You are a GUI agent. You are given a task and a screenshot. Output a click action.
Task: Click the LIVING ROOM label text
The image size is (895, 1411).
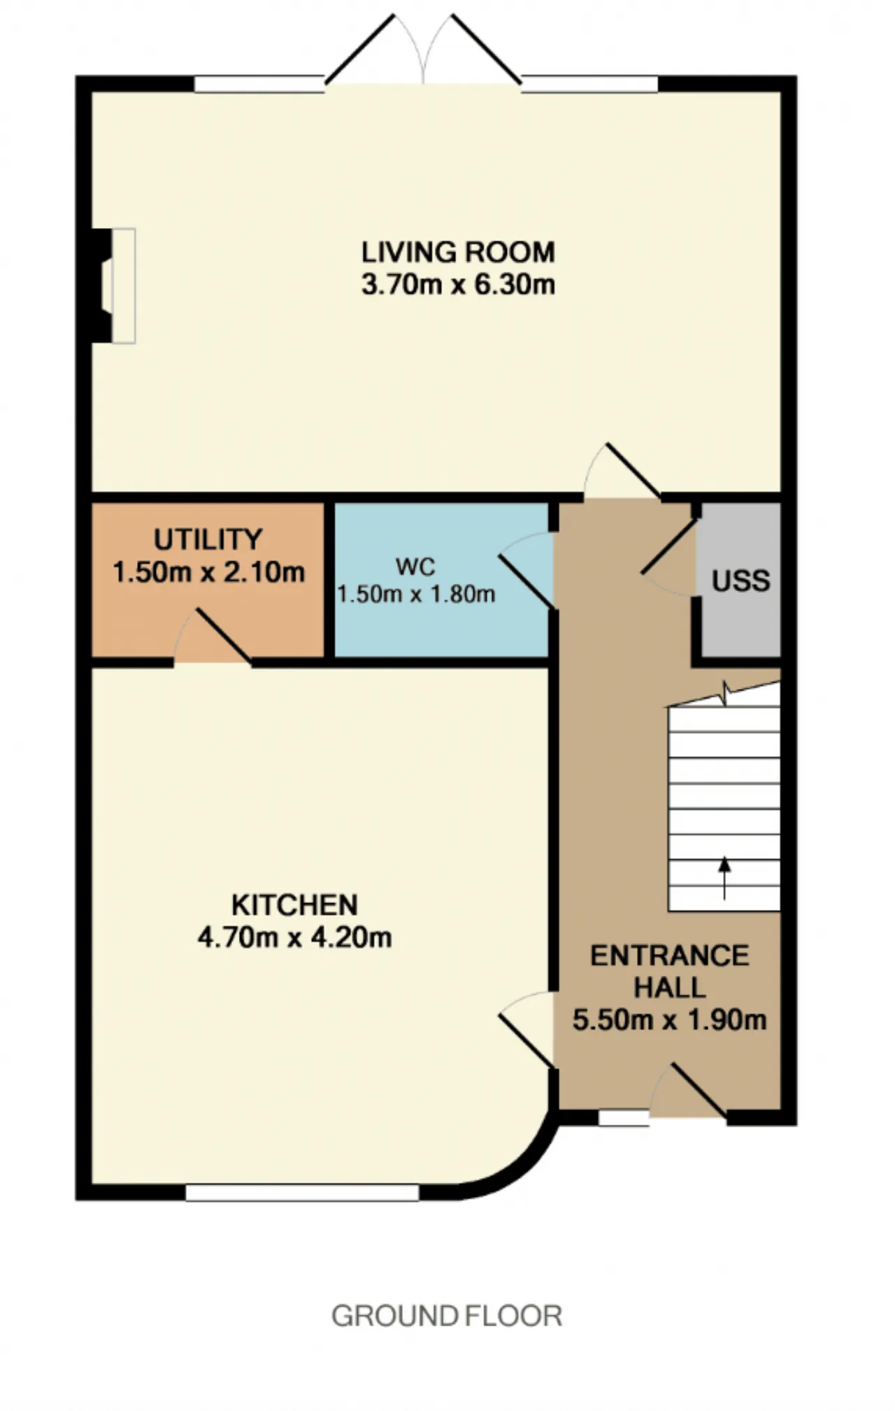click(x=458, y=252)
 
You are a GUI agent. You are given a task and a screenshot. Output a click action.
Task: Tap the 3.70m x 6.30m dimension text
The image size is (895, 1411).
click(x=458, y=285)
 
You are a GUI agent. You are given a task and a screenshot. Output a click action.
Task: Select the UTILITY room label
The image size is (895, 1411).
click(x=208, y=539)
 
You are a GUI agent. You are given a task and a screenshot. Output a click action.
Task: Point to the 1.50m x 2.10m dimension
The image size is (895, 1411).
click(x=208, y=572)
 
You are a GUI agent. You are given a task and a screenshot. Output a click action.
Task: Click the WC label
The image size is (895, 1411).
click(x=415, y=566)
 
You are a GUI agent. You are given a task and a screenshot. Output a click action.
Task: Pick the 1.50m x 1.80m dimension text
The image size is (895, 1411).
click(x=416, y=594)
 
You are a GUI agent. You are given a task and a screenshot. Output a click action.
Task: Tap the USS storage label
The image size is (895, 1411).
click(x=740, y=581)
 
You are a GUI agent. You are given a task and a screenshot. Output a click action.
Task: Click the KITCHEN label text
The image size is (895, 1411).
click(x=294, y=905)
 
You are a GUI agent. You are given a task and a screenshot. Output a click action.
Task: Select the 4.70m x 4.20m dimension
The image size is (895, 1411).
click(x=294, y=937)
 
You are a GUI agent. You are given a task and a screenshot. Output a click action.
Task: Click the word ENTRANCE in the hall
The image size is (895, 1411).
click(x=669, y=956)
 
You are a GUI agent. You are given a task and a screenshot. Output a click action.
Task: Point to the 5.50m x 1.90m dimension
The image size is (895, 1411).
click(x=669, y=1020)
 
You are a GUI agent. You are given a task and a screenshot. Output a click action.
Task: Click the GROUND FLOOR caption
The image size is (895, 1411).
click(x=447, y=1316)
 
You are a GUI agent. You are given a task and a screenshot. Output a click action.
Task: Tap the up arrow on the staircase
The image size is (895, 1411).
click(x=724, y=877)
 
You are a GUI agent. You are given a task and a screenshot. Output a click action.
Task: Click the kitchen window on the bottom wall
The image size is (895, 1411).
click(x=302, y=1192)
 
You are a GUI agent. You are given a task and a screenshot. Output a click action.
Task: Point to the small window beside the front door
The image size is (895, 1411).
click(x=624, y=1118)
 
